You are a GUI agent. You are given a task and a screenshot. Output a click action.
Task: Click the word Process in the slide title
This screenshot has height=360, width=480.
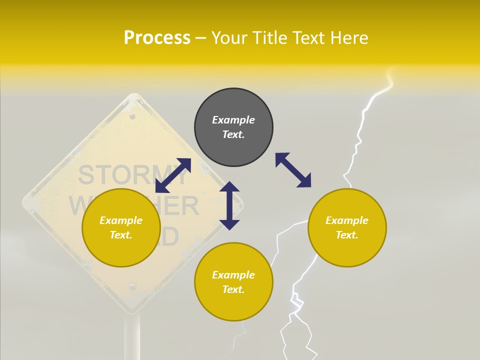pos(157,38)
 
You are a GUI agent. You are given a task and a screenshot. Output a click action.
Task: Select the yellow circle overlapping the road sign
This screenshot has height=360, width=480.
pos(121,250)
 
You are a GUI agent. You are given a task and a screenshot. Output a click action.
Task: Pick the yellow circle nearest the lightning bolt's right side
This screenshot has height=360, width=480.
pos(347,250)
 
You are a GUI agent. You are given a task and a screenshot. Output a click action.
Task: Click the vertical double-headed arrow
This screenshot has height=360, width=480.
pos(229,205)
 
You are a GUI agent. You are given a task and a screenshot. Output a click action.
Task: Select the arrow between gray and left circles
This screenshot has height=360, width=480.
pos(173,175)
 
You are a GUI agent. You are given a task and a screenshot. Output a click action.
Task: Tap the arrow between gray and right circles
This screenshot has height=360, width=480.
pos(293,170)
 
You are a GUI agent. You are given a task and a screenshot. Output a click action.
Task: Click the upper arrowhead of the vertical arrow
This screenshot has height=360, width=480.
pos(229,187)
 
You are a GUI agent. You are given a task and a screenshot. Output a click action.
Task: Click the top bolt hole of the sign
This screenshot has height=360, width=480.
pos(132,116)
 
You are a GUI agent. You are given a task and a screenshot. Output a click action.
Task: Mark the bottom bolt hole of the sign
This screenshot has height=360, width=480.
pos(132,286)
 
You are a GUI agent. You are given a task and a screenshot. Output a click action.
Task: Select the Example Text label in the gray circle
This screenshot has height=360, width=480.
pos(233,127)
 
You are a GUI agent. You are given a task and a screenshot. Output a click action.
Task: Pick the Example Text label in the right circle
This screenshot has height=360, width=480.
pos(347,227)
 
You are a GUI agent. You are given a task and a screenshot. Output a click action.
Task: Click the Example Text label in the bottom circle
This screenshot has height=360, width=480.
pos(233,282)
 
